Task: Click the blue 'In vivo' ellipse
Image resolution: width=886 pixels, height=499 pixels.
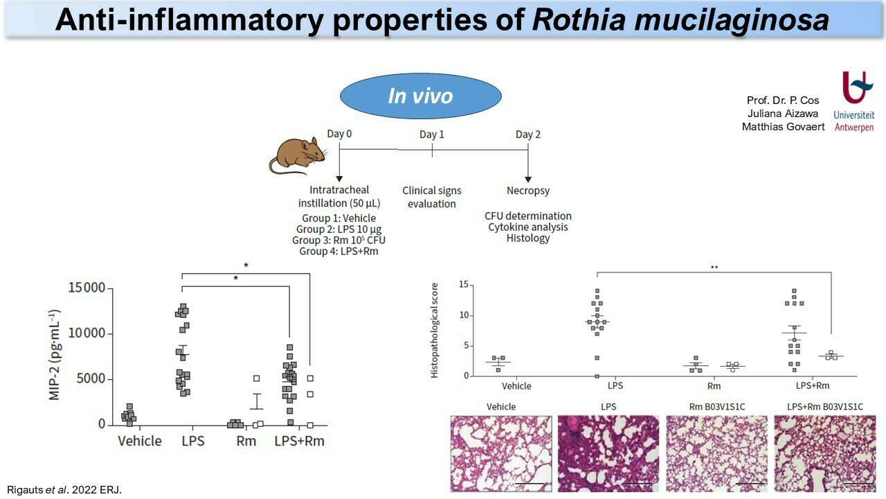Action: click(421, 96)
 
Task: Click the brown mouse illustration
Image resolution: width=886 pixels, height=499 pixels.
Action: click(298, 156)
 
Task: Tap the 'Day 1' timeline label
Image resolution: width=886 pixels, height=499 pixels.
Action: click(432, 134)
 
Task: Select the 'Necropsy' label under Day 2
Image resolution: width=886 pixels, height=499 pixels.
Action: click(528, 191)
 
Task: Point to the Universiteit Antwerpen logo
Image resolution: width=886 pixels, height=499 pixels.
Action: click(854, 102)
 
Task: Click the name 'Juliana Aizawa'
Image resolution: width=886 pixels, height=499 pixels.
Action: click(783, 114)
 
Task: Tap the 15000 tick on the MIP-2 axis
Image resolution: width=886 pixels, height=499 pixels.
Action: click(87, 288)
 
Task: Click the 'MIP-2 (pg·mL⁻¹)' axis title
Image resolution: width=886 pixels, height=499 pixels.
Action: click(54, 354)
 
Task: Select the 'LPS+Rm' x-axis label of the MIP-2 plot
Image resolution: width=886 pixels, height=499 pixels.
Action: click(300, 441)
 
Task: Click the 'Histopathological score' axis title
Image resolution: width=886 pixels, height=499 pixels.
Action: click(434, 331)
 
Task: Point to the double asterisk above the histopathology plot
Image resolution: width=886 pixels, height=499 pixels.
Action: click(714, 268)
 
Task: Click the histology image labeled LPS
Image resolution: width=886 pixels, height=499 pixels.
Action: click(608, 453)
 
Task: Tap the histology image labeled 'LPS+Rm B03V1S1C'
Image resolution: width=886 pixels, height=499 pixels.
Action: click(824, 453)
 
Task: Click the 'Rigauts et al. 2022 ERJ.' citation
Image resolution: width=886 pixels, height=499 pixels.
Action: click(64, 490)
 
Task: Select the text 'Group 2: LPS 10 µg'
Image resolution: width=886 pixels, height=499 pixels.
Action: click(339, 229)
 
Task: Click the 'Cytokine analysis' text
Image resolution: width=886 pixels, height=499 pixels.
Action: click(528, 227)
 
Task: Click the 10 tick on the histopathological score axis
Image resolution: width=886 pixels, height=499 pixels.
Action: click(464, 315)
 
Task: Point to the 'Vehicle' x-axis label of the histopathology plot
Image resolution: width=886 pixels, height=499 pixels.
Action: click(516, 386)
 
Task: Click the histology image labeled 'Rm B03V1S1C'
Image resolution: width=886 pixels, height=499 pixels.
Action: click(716, 453)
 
